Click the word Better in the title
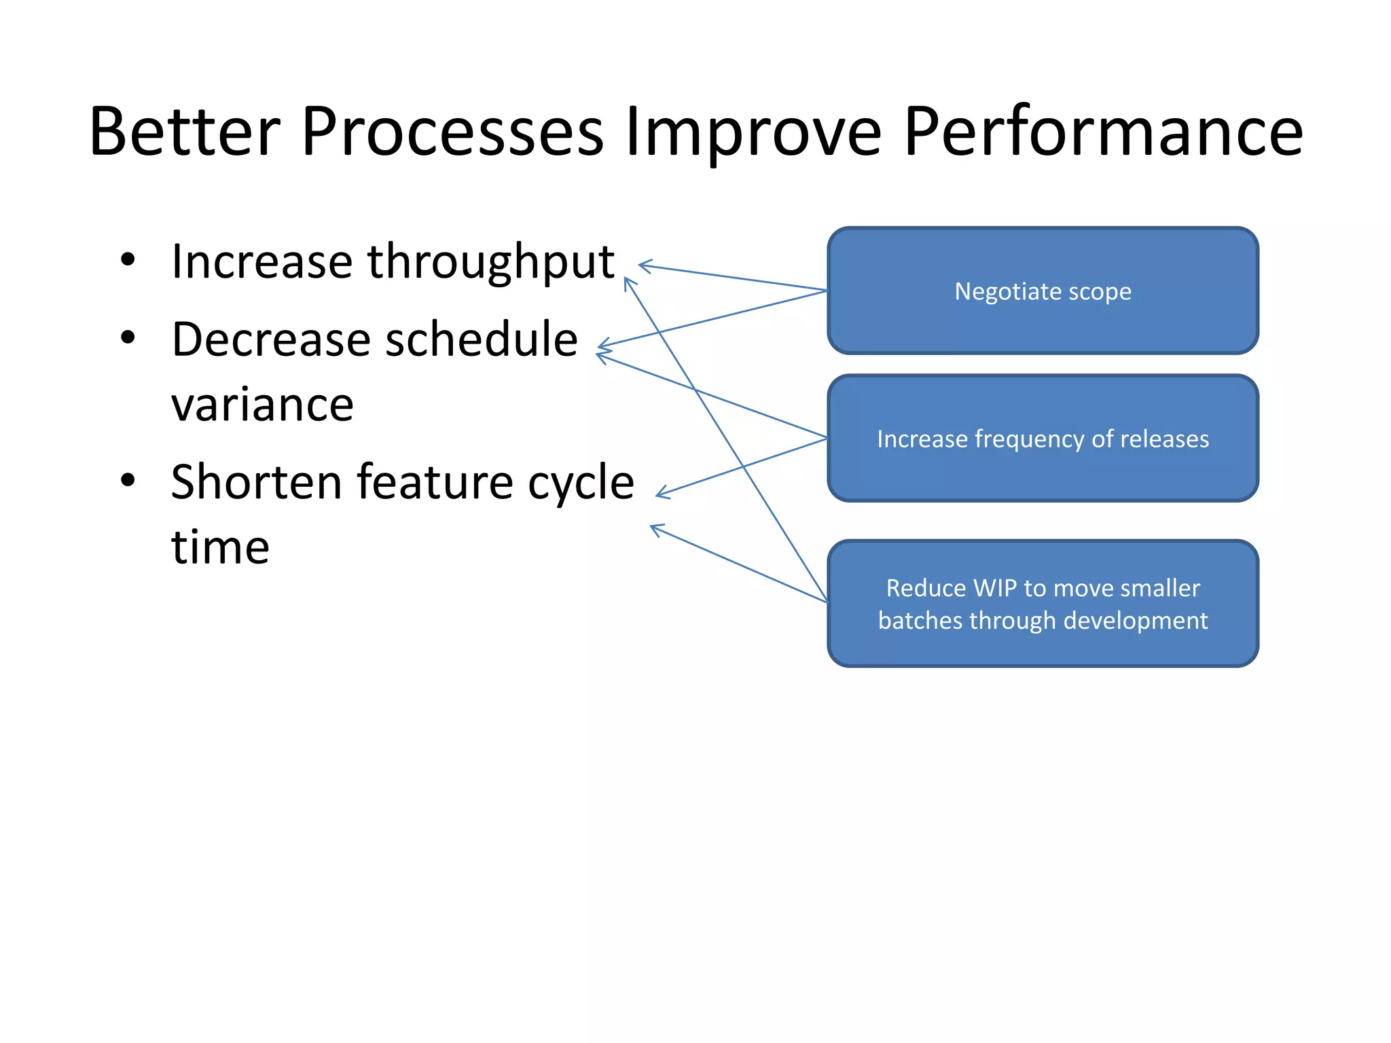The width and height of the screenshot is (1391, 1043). pyautogui.click(x=185, y=132)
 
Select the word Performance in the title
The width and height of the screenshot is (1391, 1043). pyautogui.click(x=1103, y=132)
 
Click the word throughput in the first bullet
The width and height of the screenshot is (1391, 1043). pyautogui.click(x=490, y=262)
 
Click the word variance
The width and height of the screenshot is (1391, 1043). pyautogui.click(x=262, y=405)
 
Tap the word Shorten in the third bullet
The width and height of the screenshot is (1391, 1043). pyautogui.click(x=257, y=482)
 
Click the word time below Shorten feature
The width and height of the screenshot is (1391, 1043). pyautogui.click(x=220, y=547)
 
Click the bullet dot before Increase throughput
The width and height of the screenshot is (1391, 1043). pyautogui.click(x=128, y=260)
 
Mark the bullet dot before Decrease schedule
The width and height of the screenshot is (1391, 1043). pyautogui.click(x=128, y=337)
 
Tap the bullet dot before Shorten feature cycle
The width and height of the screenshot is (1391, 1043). pyautogui.click(x=128, y=480)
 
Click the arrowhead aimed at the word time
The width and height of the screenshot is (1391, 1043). pyautogui.click(x=653, y=527)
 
